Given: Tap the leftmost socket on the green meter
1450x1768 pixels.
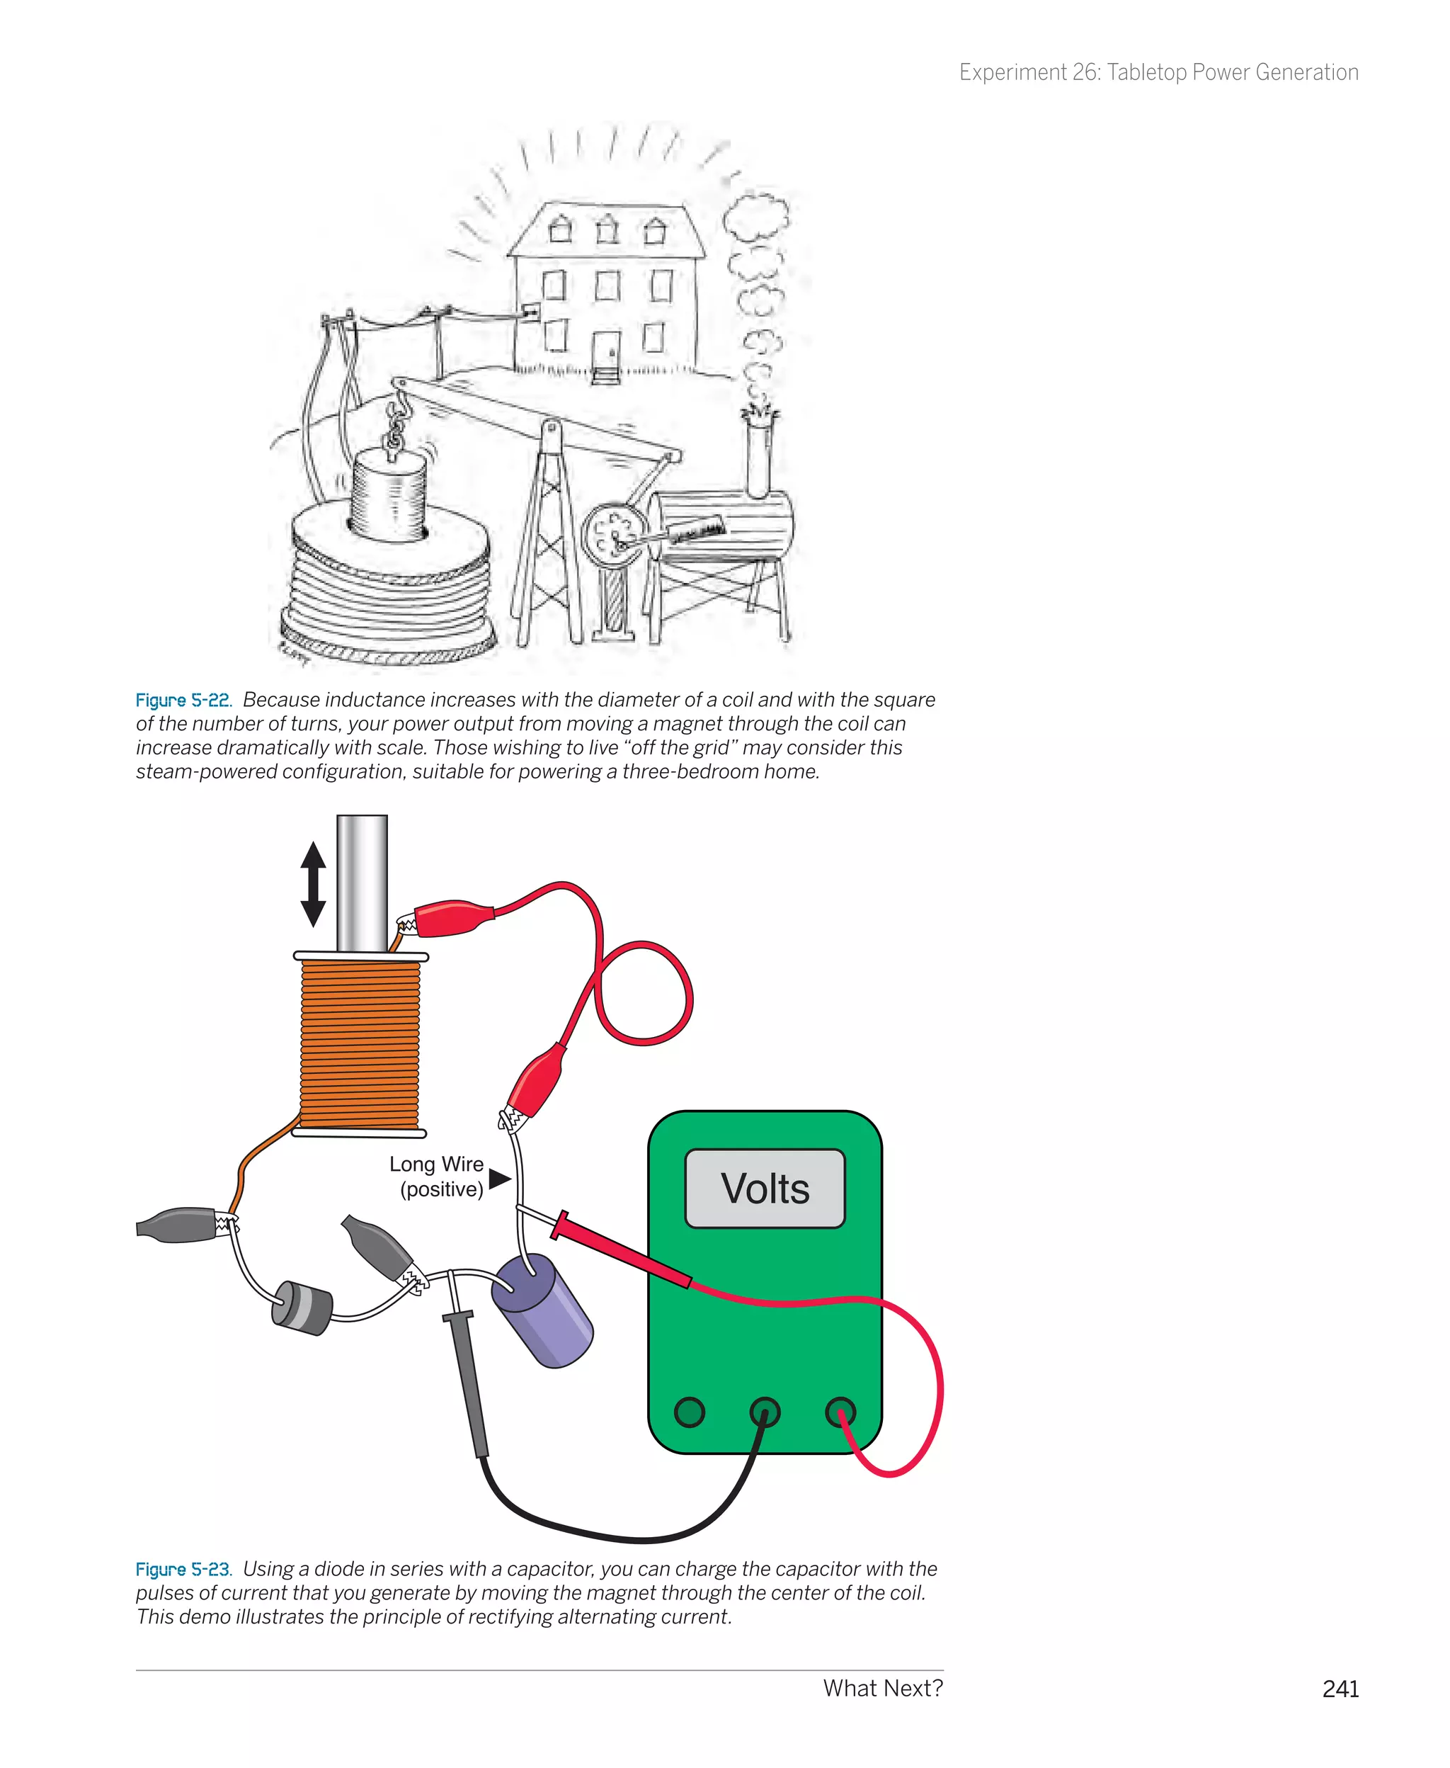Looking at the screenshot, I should pos(689,1412).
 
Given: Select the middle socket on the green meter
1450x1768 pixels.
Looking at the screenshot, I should pos(764,1412).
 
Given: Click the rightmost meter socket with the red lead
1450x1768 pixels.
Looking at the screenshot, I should pos(840,1412).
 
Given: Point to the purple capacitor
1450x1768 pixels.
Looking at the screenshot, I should pos(543,1312).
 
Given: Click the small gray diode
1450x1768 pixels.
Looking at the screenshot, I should pos(302,1308).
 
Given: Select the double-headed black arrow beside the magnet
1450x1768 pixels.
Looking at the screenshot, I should pos(313,884).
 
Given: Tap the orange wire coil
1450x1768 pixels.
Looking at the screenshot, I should pos(359,1044).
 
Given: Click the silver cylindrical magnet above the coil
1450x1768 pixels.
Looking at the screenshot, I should pos(362,881).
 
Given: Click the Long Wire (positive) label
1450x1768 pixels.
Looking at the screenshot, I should pos(437,1177).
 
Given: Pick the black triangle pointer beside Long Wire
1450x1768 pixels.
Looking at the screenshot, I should pos(499,1179).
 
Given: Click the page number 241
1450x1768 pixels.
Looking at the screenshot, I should pos(1340,1689).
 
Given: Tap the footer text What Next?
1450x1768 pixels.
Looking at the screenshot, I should pos(882,1688).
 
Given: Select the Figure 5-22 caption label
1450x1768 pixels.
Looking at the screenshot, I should pos(183,700).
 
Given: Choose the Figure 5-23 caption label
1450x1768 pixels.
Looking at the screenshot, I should pos(183,1569).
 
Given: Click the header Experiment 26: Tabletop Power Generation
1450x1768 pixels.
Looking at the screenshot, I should pos(1158,73).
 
